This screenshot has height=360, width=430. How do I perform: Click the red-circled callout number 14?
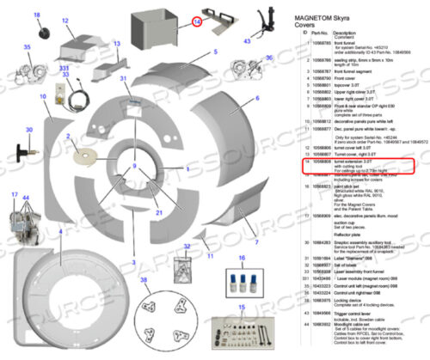click(197, 21)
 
